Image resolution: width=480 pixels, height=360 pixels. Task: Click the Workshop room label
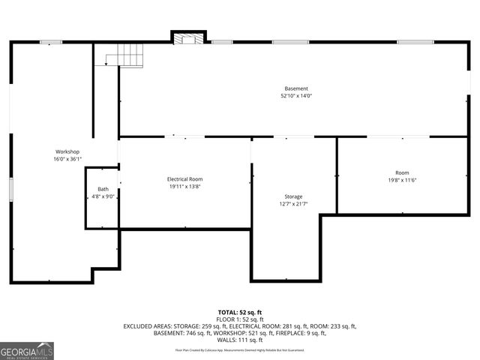tap(67, 151)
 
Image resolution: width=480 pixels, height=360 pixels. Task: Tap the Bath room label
tap(103, 189)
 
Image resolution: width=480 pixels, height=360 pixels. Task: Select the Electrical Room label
tap(184, 179)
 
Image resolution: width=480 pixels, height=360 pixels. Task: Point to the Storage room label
tap(293, 196)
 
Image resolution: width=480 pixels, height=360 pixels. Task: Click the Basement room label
tap(295, 88)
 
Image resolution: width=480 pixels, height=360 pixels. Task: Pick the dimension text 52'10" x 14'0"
tap(295, 96)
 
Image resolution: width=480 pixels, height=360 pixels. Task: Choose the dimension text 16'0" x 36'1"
tap(67, 159)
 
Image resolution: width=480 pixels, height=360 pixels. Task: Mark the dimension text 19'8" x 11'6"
tap(402, 180)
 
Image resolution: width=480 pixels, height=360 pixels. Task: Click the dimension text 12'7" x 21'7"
tap(293, 204)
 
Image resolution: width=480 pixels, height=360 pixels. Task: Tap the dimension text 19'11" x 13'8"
tap(184, 187)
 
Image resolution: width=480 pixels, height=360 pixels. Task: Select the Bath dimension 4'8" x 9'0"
tap(103, 196)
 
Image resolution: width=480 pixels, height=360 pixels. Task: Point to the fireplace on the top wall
tap(188, 37)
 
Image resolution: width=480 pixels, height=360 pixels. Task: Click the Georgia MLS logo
tap(27, 351)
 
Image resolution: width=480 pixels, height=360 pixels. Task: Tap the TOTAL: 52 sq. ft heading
tap(240, 312)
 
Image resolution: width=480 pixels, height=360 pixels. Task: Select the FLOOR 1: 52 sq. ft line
tap(240, 319)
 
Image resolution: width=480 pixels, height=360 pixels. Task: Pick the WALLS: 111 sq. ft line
tap(240, 340)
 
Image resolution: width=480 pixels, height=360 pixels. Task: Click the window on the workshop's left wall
tap(10, 189)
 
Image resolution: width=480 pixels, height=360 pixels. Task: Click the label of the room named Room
tap(402, 172)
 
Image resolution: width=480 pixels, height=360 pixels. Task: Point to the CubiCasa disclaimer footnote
tap(240, 349)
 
